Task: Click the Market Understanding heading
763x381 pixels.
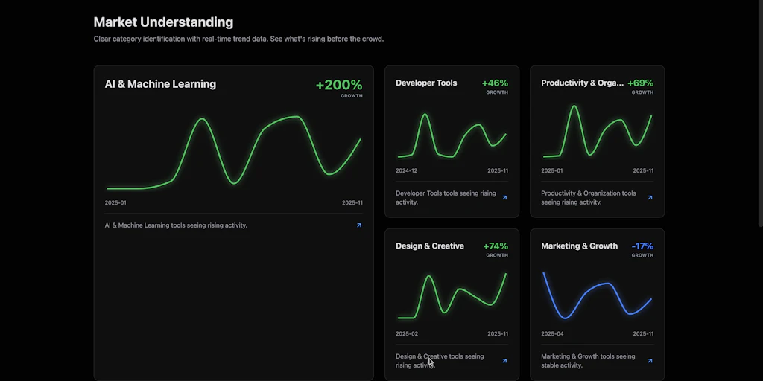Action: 163,22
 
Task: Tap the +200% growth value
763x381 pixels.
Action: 339,85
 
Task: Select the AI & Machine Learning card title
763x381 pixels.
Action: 160,84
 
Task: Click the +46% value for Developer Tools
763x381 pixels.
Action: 495,83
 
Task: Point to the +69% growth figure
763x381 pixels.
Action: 640,83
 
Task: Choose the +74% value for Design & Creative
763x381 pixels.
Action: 495,246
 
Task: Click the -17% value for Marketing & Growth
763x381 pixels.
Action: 642,246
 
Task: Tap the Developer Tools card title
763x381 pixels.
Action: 426,83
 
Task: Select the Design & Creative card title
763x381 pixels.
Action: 429,246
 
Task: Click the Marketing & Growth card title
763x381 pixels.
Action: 579,246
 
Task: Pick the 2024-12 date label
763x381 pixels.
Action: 406,170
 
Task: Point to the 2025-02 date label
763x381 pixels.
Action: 406,333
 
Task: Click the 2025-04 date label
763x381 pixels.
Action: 552,333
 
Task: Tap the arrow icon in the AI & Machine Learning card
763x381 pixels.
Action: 359,225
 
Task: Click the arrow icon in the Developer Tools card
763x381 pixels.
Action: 504,198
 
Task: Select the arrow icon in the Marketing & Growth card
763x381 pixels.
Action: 650,361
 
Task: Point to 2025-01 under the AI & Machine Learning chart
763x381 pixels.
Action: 115,202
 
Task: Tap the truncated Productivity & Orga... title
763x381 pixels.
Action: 582,83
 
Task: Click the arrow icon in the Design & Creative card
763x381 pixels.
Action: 504,361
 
